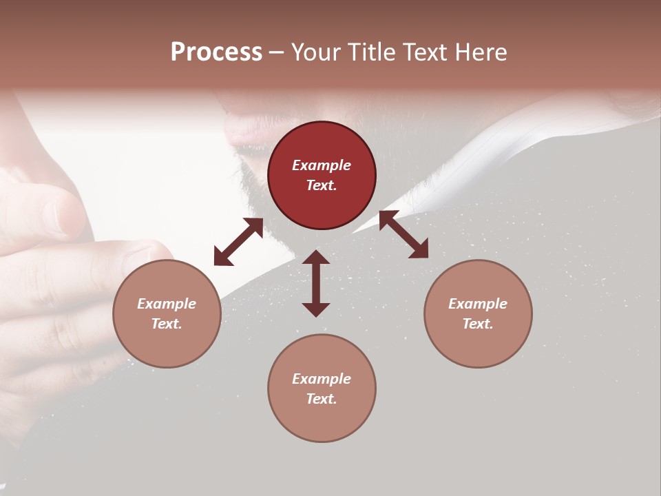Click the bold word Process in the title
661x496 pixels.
tap(216, 52)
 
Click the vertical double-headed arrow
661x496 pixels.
tap(316, 283)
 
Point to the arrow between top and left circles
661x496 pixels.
tap(238, 242)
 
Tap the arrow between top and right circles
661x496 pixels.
tap(404, 234)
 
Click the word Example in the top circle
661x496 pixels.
tap(322, 165)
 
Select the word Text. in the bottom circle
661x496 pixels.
tap(322, 399)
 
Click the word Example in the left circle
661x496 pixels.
tap(167, 304)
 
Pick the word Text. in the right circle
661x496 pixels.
tap(478, 324)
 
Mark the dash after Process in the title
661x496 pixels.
tap(276, 52)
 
